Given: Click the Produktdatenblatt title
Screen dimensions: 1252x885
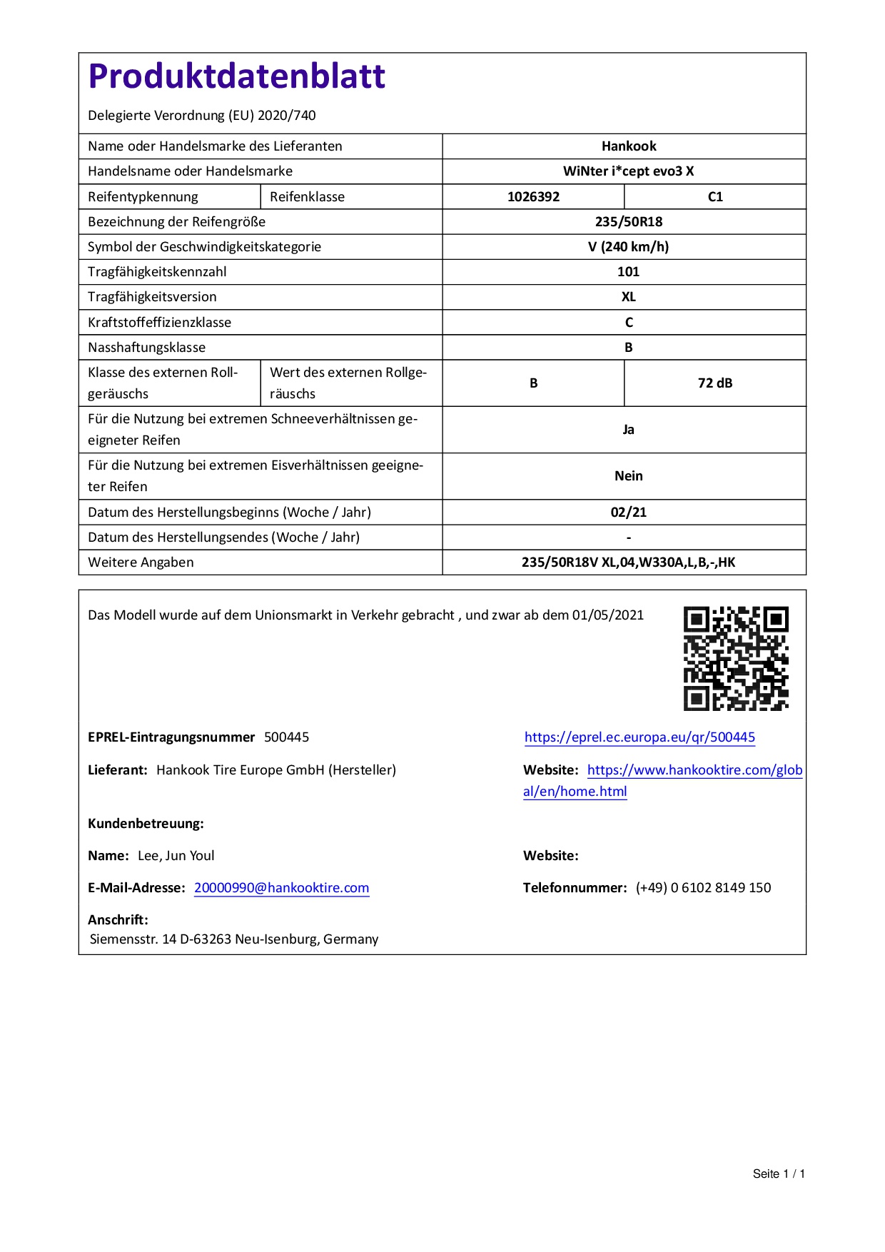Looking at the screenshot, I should click(x=236, y=76).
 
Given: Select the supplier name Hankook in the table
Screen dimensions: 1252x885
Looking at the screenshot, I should click(x=628, y=146).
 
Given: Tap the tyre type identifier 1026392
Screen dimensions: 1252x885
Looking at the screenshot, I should click(x=533, y=197).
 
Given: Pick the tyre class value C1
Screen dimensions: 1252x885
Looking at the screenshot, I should click(x=715, y=197).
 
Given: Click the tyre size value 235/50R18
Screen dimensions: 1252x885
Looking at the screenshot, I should click(x=628, y=222).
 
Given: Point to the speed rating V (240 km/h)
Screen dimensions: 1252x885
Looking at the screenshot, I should click(x=628, y=247).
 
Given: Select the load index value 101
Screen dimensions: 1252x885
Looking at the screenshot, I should click(x=628, y=272).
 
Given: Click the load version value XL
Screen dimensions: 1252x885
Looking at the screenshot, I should click(x=628, y=297).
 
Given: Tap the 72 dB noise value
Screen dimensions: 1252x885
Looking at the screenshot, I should click(x=715, y=383).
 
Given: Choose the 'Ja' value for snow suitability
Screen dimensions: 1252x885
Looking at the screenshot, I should click(x=628, y=430).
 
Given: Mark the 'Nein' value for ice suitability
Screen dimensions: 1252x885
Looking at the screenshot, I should click(x=628, y=476).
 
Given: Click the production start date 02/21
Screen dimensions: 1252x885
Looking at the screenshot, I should click(x=628, y=513).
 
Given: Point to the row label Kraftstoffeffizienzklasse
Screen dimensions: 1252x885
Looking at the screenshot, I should click(x=159, y=323).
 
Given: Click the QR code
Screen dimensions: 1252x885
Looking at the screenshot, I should click(x=736, y=658).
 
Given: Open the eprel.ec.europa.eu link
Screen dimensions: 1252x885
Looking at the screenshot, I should click(x=639, y=737).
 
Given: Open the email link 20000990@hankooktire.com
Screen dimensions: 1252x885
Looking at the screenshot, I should click(x=281, y=888).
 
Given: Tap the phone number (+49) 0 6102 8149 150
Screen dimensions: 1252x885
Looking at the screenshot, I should click(x=703, y=888).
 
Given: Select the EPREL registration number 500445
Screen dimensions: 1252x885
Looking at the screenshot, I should click(x=286, y=737).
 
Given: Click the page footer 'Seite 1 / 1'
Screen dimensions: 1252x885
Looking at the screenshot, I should click(x=779, y=1173).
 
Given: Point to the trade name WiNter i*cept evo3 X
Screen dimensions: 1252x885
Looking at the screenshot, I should click(x=628, y=171).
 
